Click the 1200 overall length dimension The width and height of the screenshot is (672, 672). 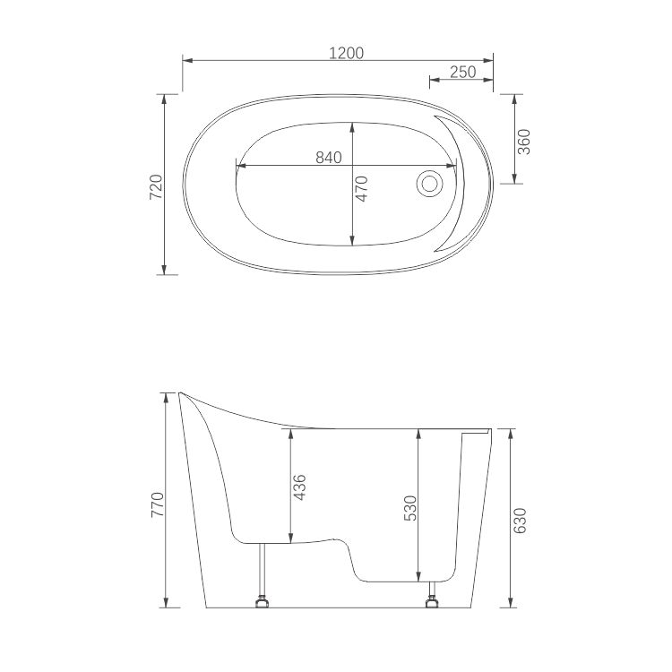[x=346, y=53]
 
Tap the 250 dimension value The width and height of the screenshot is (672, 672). [x=462, y=73]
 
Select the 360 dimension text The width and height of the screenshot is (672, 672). [x=524, y=142]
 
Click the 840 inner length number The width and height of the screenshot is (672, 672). [x=329, y=158]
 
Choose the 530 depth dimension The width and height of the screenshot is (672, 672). [x=411, y=508]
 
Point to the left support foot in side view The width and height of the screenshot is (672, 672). [x=263, y=601]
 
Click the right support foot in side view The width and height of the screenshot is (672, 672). [x=435, y=600]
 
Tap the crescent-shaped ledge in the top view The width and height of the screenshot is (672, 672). [x=459, y=179]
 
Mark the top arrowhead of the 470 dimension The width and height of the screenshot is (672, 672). [x=352, y=126]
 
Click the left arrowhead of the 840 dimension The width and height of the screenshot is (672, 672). [x=239, y=165]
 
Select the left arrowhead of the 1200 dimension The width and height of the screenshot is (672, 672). [x=186, y=60]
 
